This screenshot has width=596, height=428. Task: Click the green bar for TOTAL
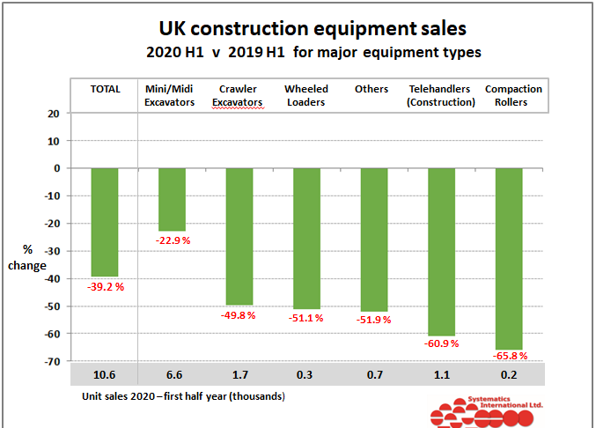[x=105, y=222]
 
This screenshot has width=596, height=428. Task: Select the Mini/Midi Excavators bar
[x=172, y=199]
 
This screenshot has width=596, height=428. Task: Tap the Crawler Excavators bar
[x=239, y=236]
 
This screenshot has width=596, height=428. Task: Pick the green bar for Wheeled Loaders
[x=306, y=238]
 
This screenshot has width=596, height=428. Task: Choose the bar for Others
[x=374, y=239]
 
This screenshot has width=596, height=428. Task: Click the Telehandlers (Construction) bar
[x=441, y=251]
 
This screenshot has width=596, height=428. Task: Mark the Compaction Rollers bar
[x=509, y=258]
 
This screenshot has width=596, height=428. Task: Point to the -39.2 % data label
[x=105, y=286]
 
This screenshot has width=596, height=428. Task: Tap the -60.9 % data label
[x=441, y=345]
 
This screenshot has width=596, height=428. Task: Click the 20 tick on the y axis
[x=54, y=113]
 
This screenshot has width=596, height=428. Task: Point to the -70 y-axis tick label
[x=52, y=361]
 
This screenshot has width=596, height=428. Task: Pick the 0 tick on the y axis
[x=56, y=168]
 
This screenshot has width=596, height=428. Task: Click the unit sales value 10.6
[x=104, y=375]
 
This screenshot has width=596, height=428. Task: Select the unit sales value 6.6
[x=172, y=375]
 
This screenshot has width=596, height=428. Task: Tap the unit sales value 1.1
[x=441, y=375]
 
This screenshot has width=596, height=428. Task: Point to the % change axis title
[x=19, y=258]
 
